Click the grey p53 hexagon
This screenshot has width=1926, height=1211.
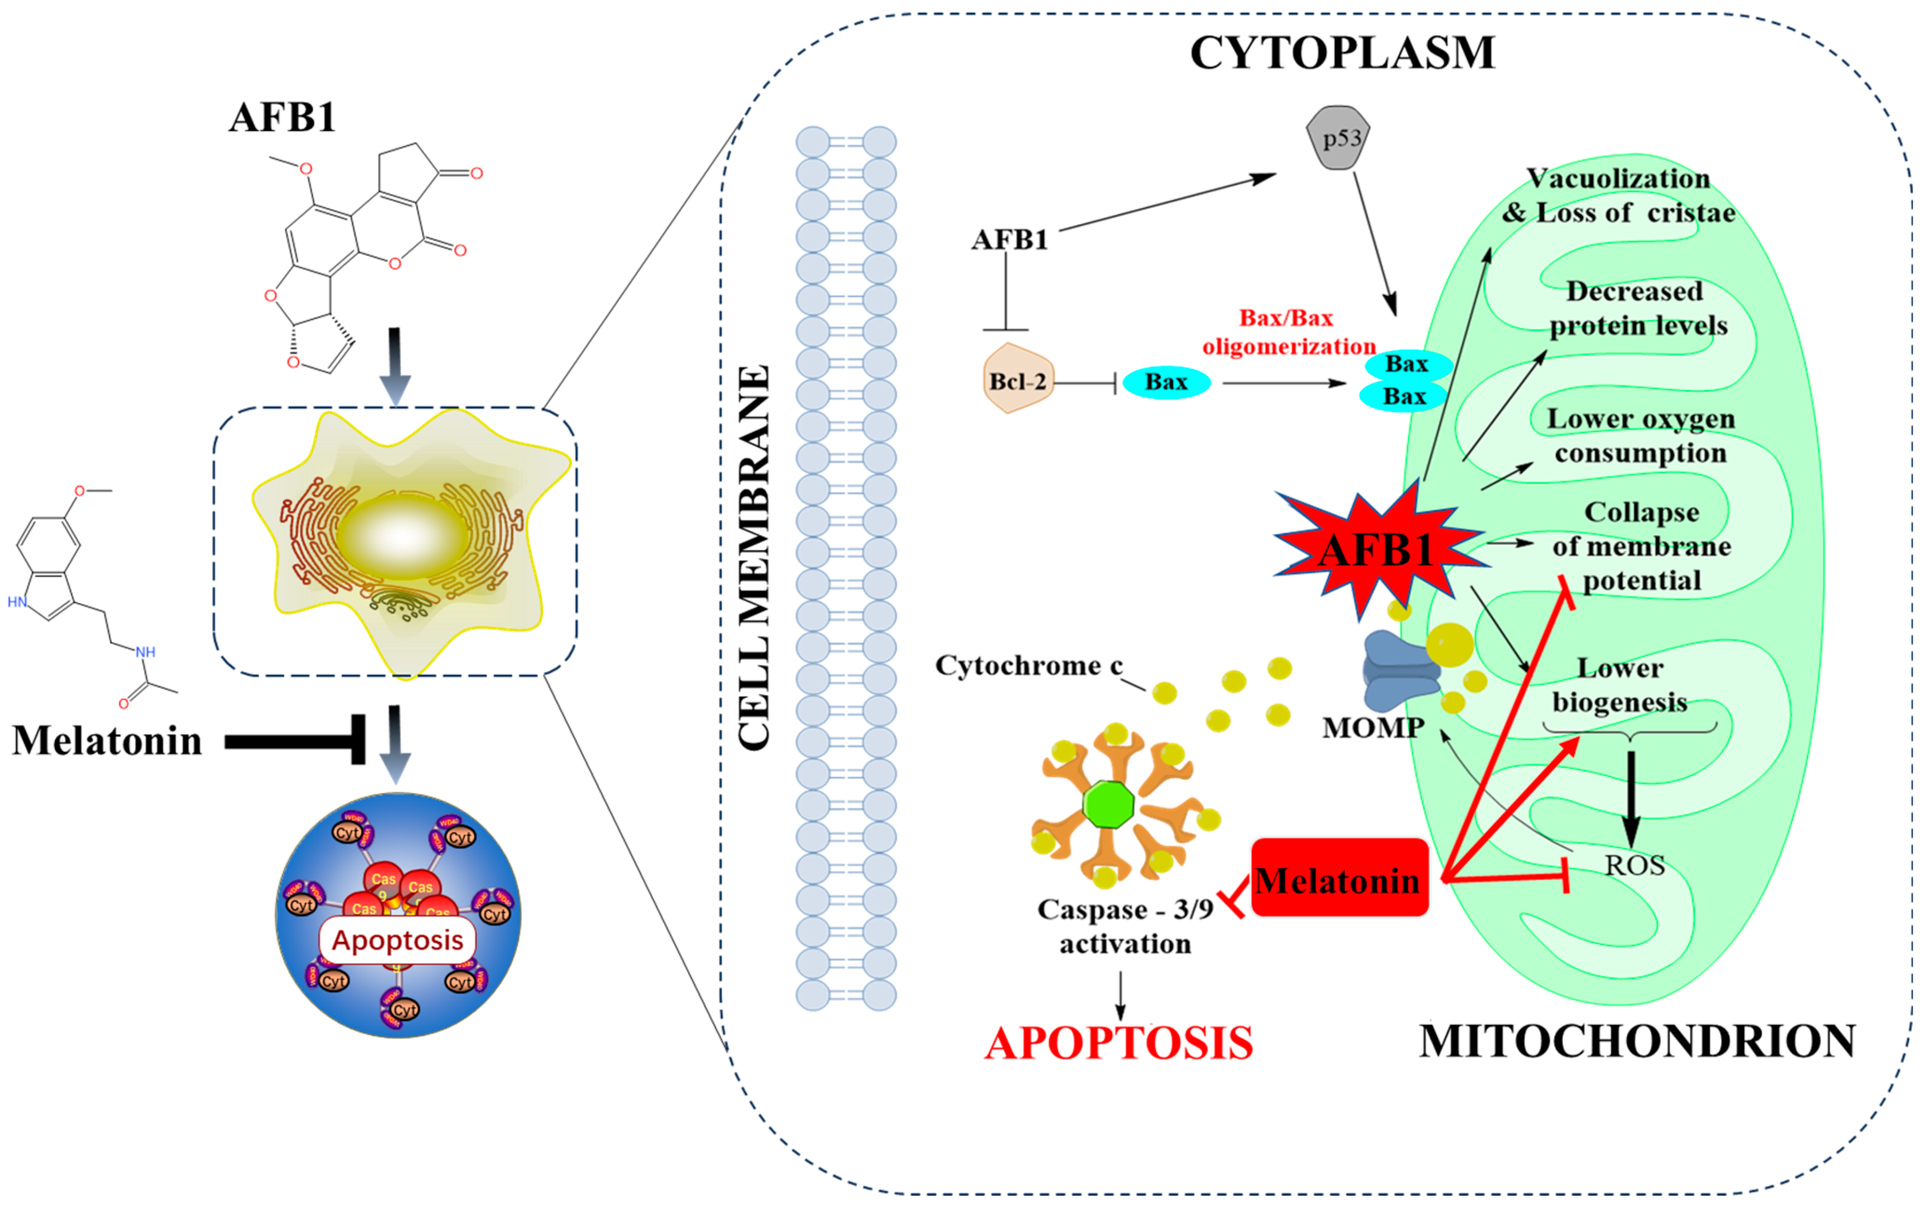[1338, 138]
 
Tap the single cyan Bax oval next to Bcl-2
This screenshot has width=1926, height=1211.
[1166, 382]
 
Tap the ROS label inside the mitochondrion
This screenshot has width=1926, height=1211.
[1634, 865]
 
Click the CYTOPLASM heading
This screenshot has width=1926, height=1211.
[1342, 53]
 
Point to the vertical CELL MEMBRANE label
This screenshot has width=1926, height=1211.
[753, 558]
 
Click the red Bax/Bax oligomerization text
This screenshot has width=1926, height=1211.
[1288, 332]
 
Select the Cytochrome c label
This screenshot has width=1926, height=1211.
[1029, 665]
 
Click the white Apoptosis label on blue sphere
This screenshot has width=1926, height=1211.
[397, 940]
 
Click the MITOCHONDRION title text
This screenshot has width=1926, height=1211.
[1637, 1041]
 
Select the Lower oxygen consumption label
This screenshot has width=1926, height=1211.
[1640, 436]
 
